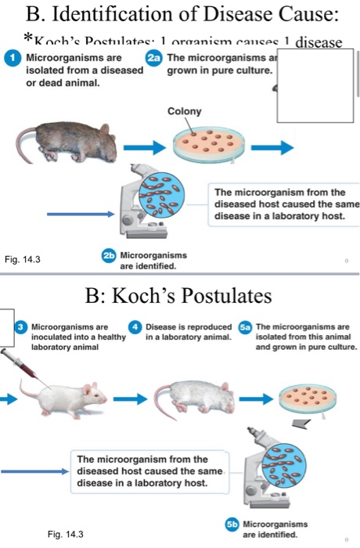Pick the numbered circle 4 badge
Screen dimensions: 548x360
point(135,327)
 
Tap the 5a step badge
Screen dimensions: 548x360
point(245,327)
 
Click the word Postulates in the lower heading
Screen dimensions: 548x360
point(221,297)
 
